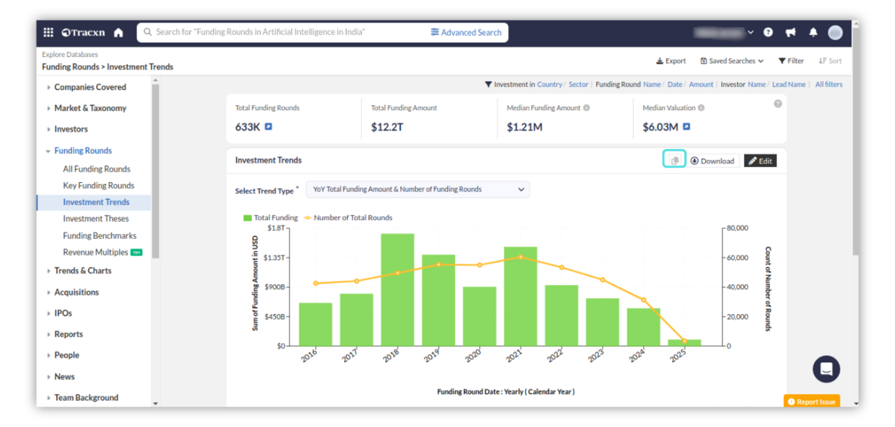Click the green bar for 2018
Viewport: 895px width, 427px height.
[397, 289]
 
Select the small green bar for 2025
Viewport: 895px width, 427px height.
[684, 343]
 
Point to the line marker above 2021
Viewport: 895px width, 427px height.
[521, 257]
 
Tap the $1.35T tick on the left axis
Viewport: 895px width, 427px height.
[274, 258]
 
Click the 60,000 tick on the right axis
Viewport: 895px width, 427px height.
[737, 258]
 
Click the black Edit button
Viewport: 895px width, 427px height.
[760, 161]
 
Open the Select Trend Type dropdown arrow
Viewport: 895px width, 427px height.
[521, 190]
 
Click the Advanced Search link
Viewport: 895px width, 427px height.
[466, 32]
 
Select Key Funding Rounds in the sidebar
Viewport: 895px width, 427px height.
[98, 185]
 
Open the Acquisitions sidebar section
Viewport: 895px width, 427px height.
[76, 292]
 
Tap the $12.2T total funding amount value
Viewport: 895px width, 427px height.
[387, 127]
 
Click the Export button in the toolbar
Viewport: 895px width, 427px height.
[671, 61]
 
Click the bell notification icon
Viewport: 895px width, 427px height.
[813, 32]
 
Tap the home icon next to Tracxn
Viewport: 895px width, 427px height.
[118, 33]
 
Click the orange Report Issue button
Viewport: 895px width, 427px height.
[812, 401]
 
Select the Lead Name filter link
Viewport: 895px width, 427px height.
[789, 84]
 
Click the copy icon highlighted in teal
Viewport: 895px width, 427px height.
[674, 160]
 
